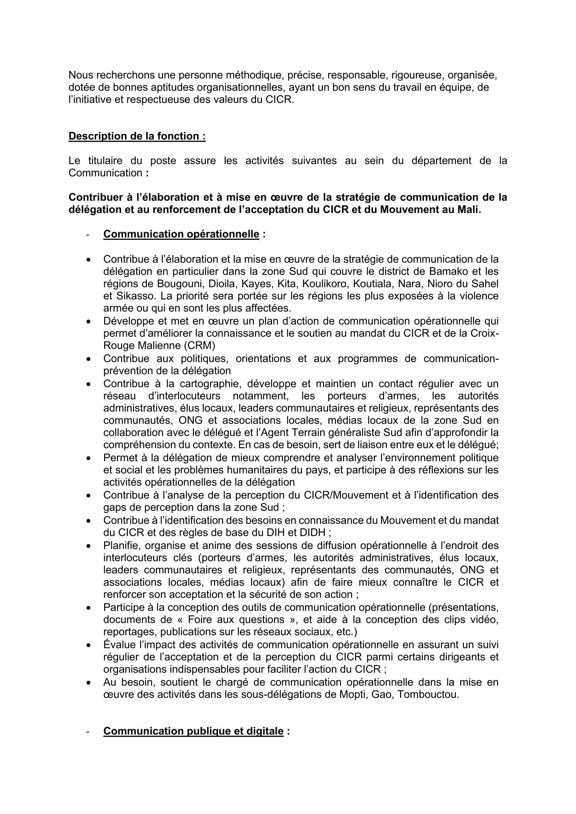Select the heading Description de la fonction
137,136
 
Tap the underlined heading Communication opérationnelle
181,234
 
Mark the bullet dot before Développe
89,321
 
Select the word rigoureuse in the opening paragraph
418,75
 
